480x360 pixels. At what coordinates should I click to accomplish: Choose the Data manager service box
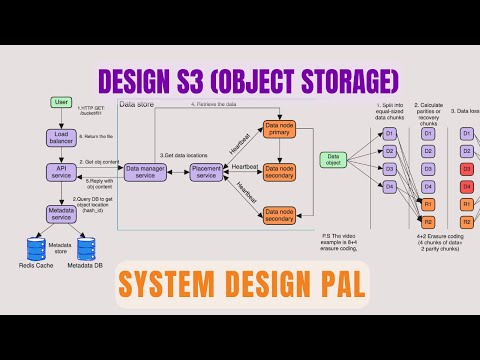(145, 172)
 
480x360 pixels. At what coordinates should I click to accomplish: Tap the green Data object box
(333, 159)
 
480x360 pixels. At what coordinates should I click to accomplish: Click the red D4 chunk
(465, 185)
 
